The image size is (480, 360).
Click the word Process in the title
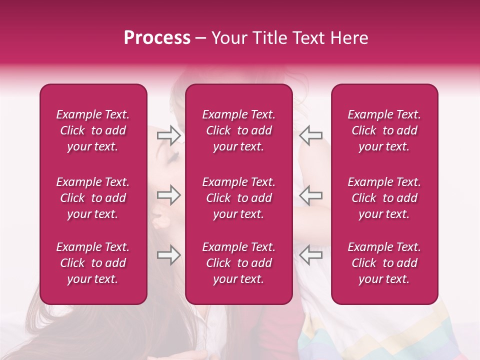[157, 38]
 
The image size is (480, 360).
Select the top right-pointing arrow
[168, 135]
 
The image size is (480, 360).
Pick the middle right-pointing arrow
[168, 195]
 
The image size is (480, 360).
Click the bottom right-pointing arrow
[168, 255]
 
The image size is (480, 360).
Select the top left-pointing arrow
[311, 135]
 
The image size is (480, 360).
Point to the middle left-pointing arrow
[311, 195]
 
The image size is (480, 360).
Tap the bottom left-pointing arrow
[311, 255]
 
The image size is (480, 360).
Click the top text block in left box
[93, 130]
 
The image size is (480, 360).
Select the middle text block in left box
[93, 198]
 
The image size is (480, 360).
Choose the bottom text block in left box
[93, 263]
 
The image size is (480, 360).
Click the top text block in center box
[238, 130]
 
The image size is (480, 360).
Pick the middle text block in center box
[238, 198]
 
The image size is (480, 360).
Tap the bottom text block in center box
[238, 263]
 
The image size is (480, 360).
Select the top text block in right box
[384, 130]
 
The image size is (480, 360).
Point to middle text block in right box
[384, 198]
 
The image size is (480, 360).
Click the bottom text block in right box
[384, 263]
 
